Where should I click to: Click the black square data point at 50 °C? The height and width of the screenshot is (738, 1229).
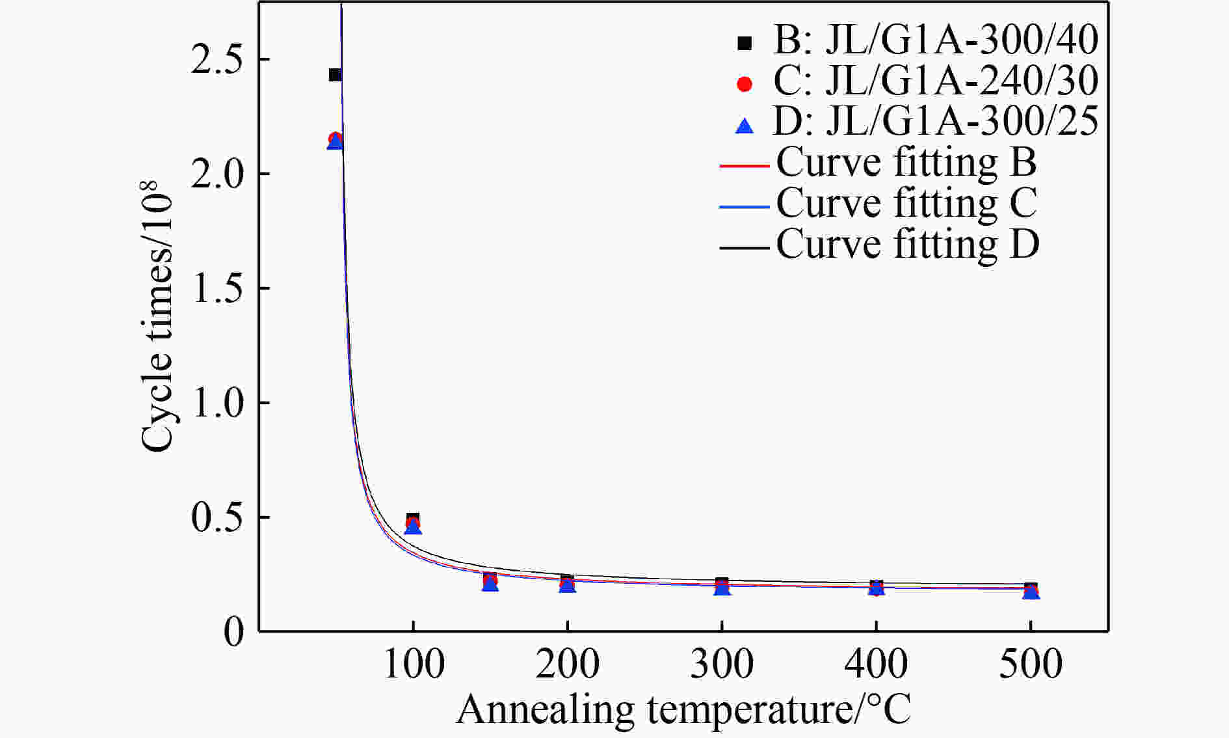pyautogui.click(x=335, y=75)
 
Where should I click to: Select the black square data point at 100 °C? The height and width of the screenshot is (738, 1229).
pyautogui.click(x=412, y=519)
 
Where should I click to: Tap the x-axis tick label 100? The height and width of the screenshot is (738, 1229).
pyautogui.click(x=414, y=664)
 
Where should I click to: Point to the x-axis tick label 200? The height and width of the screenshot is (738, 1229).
pyautogui.click(x=567, y=664)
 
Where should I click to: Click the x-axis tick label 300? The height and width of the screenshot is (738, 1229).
pyautogui.click(x=722, y=664)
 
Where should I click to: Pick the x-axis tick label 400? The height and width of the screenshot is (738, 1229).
pyautogui.click(x=876, y=664)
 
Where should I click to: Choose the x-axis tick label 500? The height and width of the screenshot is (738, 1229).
pyautogui.click(x=1031, y=664)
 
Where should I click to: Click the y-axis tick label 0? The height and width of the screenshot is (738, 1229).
pyautogui.click(x=233, y=632)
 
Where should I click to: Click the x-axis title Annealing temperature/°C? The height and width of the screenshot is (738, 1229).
pyautogui.click(x=683, y=709)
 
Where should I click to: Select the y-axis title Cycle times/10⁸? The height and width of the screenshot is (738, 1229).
pyautogui.click(x=158, y=316)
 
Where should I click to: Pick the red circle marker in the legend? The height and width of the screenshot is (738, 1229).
pyautogui.click(x=744, y=84)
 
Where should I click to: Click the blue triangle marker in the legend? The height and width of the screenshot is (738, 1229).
pyautogui.click(x=744, y=126)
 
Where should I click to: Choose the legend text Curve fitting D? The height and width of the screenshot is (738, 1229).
pyautogui.click(x=908, y=244)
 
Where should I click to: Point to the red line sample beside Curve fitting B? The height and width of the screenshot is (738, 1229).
pyautogui.click(x=744, y=167)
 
